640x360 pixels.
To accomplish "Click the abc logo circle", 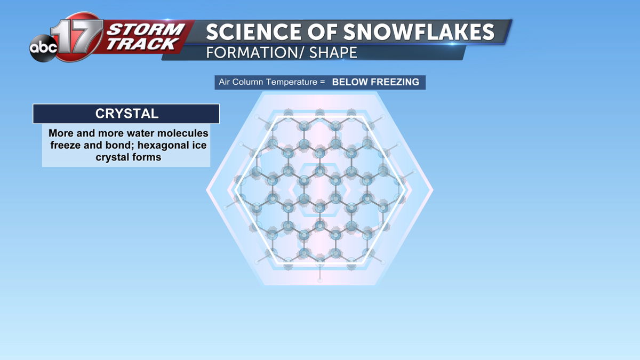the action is [x=43, y=48].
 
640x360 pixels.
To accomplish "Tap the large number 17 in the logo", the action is [x=77, y=36].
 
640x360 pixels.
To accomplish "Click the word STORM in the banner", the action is [x=146, y=29].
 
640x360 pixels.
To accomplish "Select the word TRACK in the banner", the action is [x=142, y=44].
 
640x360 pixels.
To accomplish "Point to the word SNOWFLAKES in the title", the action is [x=419, y=31].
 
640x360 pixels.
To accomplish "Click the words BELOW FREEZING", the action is [x=375, y=82].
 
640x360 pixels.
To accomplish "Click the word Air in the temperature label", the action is [x=224, y=82].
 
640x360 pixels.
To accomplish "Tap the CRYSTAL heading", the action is [x=127, y=114].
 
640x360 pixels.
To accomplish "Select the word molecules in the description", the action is [x=182, y=133].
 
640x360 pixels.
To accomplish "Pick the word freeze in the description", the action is [x=66, y=145].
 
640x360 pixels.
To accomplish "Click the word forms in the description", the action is [x=146, y=157].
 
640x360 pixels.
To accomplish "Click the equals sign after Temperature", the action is [x=323, y=82].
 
